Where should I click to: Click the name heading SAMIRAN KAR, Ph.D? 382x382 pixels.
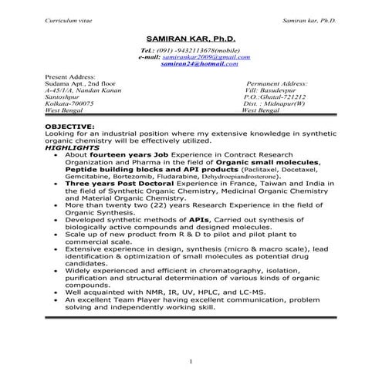191,38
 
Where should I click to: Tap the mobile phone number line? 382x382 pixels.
191,51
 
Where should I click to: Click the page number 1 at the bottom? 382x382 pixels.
191,362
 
